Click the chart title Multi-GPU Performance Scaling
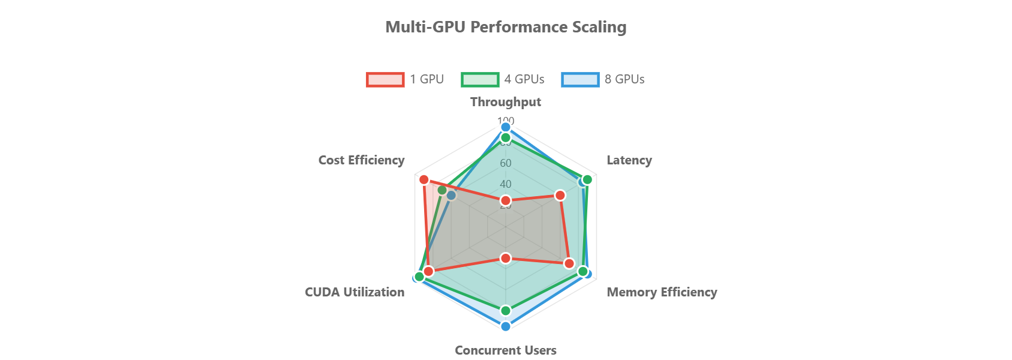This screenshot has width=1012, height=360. pos(506,27)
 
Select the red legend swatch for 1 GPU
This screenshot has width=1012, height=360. pos(385,80)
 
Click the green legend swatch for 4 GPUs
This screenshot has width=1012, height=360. pos(480,80)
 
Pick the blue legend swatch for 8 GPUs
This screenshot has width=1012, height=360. pos(580,80)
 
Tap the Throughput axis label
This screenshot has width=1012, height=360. pos(506,102)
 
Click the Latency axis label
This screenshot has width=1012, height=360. pos(629,160)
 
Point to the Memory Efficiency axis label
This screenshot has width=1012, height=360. pos(662,292)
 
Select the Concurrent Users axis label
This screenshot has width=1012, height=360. pos(506,350)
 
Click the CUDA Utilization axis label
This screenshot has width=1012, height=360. pos(355,292)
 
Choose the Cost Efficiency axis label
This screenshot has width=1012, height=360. pos(361,160)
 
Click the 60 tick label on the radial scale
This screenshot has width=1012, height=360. pos(506,163)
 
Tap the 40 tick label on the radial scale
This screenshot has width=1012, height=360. pos(506,184)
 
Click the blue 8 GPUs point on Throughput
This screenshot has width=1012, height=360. pos(506,127)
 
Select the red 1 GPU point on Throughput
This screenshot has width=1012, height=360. pos(506,200)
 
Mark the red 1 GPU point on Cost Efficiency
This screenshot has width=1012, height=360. pos(424,180)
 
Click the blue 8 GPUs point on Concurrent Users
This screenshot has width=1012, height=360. pos(506,326)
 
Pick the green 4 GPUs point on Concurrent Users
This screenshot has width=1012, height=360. pos(506,310)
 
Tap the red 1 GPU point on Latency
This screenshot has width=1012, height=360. pos(560,196)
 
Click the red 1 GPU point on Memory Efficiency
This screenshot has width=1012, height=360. pos(569,263)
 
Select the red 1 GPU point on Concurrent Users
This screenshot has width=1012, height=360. pos(506,258)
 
